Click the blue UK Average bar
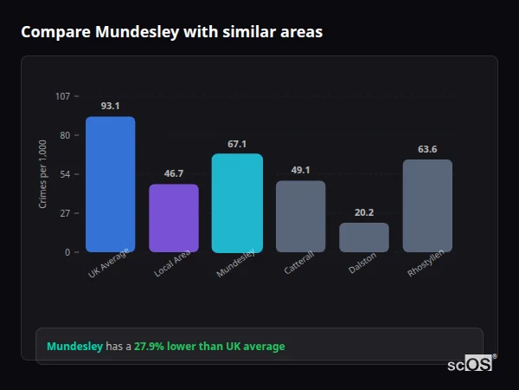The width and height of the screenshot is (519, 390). (x=110, y=185)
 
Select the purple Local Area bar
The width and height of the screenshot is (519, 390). (x=174, y=218)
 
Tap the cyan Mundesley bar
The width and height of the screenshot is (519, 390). (x=237, y=203)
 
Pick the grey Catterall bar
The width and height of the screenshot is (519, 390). (x=300, y=217)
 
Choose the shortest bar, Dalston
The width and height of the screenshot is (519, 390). (x=364, y=237)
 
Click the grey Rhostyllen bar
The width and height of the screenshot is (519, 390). (x=427, y=206)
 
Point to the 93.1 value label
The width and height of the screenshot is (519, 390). (x=110, y=106)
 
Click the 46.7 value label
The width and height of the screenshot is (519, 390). (x=174, y=173)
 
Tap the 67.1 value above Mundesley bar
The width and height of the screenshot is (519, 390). (x=237, y=144)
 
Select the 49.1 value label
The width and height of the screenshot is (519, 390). (x=300, y=170)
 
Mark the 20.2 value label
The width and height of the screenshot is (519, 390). (x=364, y=212)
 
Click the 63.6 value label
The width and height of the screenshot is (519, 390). (x=427, y=149)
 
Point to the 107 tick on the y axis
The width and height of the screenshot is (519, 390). (x=62, y=96)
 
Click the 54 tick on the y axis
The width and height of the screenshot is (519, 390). (x=65, y=174)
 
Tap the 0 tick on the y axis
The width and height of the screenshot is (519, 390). (x=67, y=252)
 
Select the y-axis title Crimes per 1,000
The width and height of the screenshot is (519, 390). (x=43, y=174)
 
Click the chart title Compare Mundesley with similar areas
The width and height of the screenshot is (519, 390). (x=171, y=32)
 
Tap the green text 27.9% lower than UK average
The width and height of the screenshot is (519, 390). (x=208, y=347)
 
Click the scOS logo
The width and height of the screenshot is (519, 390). (x=470, y=364)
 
